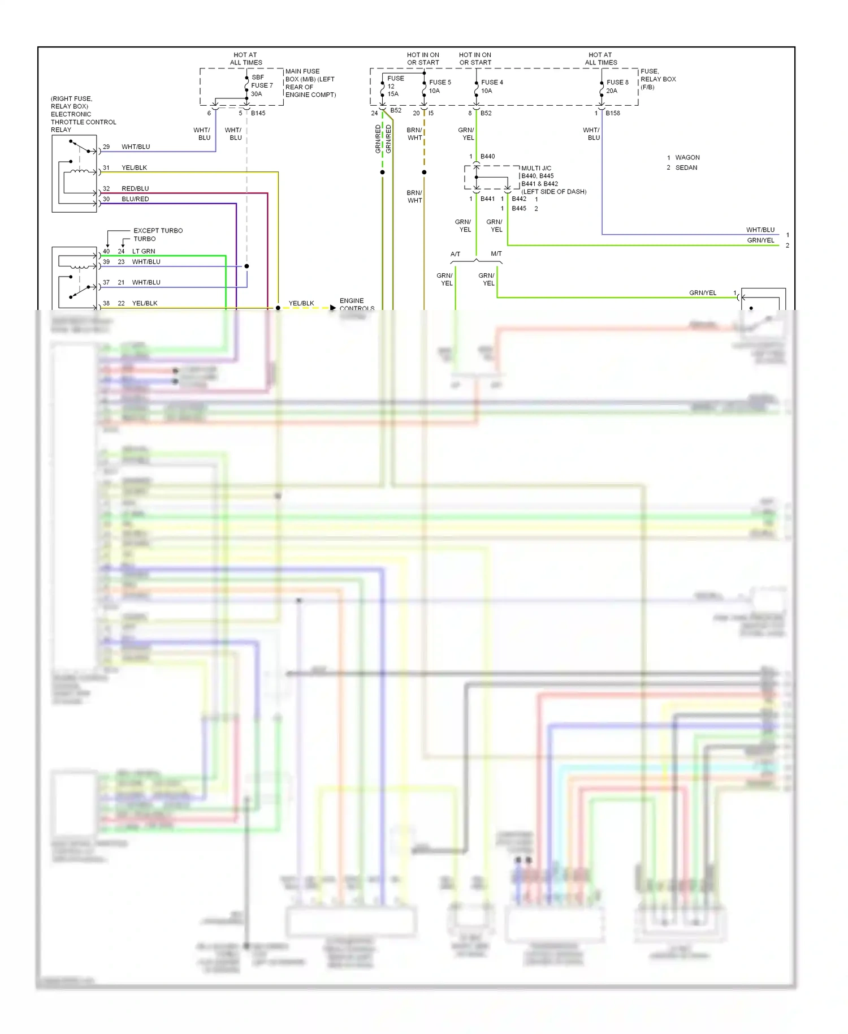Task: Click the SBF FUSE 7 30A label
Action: point(261,85)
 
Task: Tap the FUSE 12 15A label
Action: point(395,86)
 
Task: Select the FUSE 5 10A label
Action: point(439,86)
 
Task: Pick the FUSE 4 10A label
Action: point(491,86)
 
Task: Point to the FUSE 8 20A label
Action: point(617,86)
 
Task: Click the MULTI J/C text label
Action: point(536,168)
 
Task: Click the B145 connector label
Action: point(258,113)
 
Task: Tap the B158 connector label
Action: point(613,113)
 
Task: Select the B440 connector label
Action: point(487,156)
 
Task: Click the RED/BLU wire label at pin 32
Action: point(135,188)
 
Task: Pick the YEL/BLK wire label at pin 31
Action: point(134,167)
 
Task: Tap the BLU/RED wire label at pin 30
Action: point(135,199)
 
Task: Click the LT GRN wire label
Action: point(144,251)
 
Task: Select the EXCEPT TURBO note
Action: point(158,230)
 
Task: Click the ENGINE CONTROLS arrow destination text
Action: point(356,304)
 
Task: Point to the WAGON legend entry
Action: point(687,157)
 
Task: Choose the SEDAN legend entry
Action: point(686,167)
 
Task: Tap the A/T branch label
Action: point(455,254)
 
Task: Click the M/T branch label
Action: point(496,253)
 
